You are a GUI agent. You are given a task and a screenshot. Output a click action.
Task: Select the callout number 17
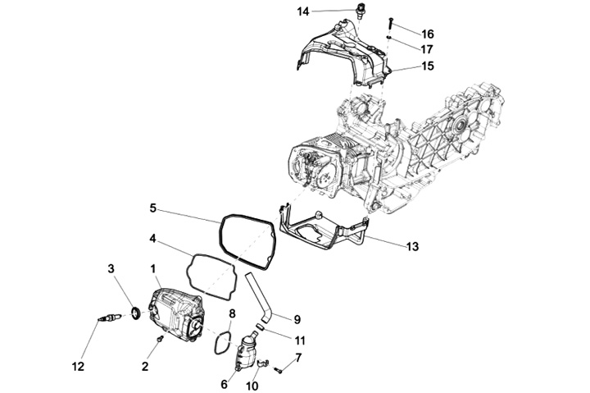point(427,49)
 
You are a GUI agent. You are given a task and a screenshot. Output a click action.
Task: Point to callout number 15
point(427,66)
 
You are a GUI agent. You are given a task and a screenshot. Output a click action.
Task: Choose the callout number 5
point(152,208)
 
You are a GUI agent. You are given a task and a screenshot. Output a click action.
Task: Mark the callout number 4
point(152,240)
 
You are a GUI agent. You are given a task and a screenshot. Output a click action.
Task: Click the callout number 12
point(78,368)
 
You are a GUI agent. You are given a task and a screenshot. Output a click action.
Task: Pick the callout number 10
point(252,385)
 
